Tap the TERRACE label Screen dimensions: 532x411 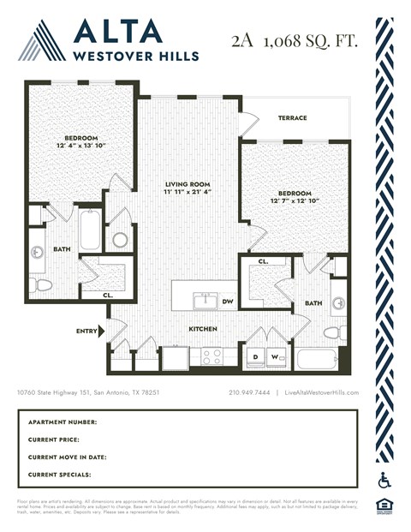point(291,118)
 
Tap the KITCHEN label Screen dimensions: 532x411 point(203,329)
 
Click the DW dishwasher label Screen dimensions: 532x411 point(228,302)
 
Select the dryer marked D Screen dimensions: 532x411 point(255,356)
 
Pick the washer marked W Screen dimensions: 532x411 point(276,356)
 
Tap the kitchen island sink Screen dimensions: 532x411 point(205,300)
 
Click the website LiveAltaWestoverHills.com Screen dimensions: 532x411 point(322,392)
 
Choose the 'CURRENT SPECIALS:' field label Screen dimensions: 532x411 point(59,474)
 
